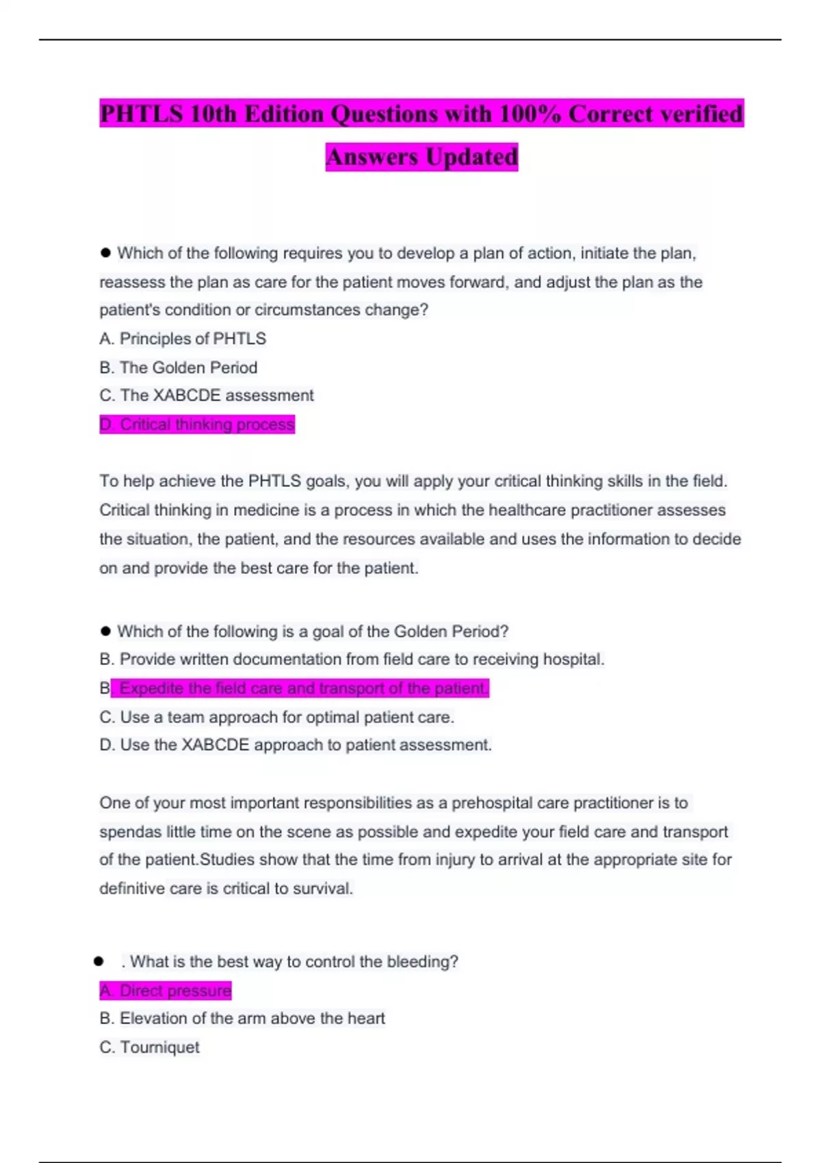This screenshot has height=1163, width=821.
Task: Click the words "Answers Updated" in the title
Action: point(421,157)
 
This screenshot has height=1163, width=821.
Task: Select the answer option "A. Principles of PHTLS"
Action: point(183,339)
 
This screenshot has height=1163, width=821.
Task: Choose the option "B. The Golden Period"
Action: point(178,367)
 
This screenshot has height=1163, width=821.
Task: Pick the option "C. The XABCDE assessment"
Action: point(207,395)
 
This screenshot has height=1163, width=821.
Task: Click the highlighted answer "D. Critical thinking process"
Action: point(197,424)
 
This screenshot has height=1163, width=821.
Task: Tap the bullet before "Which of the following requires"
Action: point(105,252)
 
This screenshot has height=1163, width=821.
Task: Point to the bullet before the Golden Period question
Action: point(105,631)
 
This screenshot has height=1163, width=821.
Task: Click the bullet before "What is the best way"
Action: point(99,961)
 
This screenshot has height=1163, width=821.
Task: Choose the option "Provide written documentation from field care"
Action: point(352,659)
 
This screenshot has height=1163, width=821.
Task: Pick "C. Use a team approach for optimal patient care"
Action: point(276,717)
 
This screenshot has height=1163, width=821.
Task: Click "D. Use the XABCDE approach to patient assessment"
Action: point(296,745)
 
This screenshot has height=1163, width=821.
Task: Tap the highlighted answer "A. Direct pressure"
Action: point(166,991)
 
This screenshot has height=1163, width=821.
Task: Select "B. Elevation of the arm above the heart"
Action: point(242,1019)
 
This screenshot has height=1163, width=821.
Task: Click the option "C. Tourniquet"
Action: point(149,1047)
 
